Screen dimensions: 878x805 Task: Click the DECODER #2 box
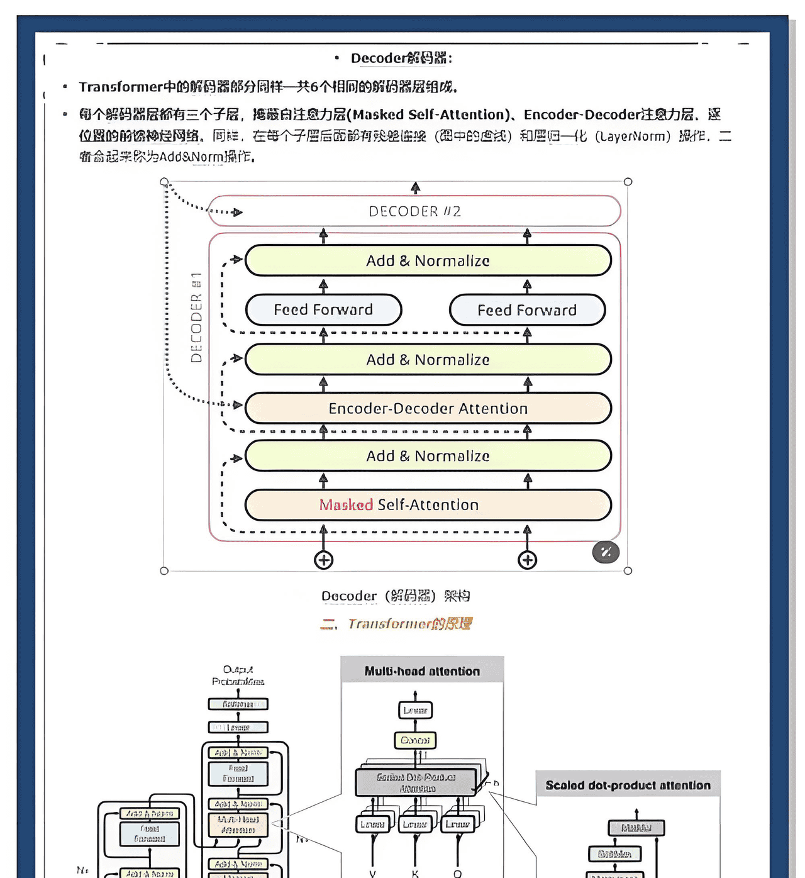(414, 211)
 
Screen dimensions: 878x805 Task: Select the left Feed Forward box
(323, 309)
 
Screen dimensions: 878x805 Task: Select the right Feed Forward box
(527, 310)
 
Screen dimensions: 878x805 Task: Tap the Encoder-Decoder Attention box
(428, 408)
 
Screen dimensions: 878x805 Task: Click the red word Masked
(346, 504)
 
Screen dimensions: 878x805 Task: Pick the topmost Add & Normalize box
(428, 260)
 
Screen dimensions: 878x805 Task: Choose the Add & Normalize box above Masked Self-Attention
(428, 456)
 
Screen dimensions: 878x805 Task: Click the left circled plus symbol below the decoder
(323, 560)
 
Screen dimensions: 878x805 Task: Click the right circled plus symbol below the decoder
(527, 560)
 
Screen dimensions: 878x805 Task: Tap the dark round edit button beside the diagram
(606, 552)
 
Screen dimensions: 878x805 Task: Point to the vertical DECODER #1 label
(196, 318)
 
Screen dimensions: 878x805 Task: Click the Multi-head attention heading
(422, 671)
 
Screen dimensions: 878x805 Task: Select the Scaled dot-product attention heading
(628, 785)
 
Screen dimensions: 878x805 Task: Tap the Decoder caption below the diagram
(396, 596)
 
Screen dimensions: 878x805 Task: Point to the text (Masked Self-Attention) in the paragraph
(428, 114)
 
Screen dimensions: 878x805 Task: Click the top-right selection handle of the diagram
(628, 182)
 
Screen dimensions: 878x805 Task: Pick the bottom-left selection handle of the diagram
(164, 570)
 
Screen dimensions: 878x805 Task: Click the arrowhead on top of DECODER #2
(415, 187)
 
